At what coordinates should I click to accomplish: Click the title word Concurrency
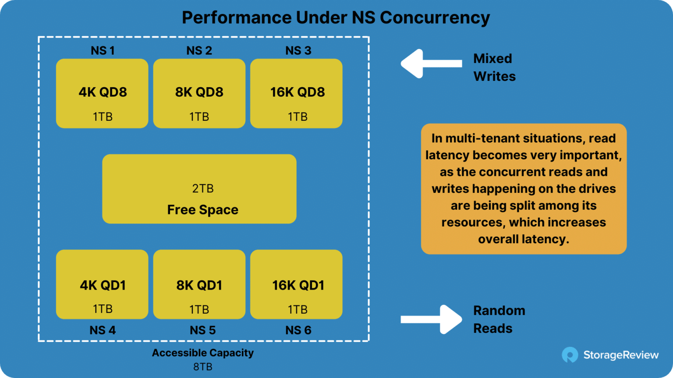tap(435, 18)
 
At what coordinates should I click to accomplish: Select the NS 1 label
tap(103, 50)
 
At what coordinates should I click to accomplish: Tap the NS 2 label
tap(199, 50)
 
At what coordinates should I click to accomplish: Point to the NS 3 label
tap(298, 50)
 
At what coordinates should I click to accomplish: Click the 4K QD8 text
tap(103, 92)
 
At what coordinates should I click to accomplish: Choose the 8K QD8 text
tap(199, 92)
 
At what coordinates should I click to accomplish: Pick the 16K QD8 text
tap(298, 92)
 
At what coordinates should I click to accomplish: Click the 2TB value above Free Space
tap(203, 189)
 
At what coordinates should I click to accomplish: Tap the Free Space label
tap(203, 210)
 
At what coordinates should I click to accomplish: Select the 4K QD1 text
tap(103, 285)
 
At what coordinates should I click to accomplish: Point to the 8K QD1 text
tap(199, 285)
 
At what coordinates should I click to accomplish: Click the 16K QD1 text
tap(298, 285)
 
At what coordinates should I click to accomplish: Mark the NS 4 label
tap(103, 330)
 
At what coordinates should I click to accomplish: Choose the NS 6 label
tap(298, 330)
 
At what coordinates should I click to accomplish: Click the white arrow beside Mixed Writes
tap(432, 63)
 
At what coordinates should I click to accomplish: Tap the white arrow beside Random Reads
tap(432, 319)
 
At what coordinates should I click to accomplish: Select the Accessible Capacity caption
tap(203, 353)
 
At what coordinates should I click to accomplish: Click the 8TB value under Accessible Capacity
tap(203, 367)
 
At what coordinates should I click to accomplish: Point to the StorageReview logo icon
tap(570, 355)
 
